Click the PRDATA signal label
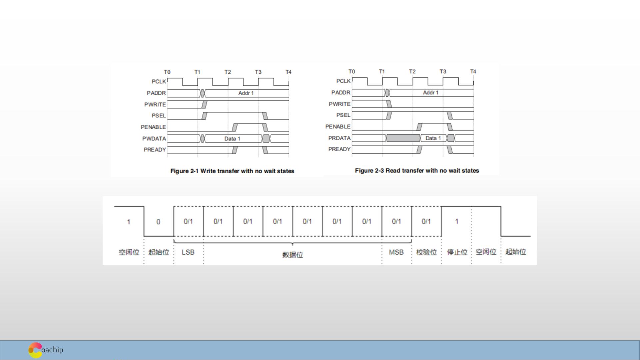click(x=339, y=138)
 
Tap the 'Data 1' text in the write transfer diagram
click(x=232, y=139)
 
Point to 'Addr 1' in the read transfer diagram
click(x=430, y=93)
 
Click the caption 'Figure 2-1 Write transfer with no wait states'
click(x=232, y=171)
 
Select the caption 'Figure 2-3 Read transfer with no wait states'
click(x=417, y=171)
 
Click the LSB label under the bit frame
click(x=188, y=252)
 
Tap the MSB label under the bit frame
click(x=396, y=252)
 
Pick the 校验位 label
click(x=426, y=252)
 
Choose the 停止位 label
click(x=457, y=252)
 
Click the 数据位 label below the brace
click(x=293, y=255)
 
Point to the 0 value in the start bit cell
click(x=158, y=222)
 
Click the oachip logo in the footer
click(x=46, y=350)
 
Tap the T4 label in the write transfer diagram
click(x=288, y=72)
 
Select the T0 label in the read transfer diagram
click(x=351, y=72)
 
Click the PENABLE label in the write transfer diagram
click(x=153, y=127)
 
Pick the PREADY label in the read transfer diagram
click(x=339, y=149)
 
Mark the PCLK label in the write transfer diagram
click(x=159, y=82)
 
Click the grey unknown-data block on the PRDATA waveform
click(x=403, y=138)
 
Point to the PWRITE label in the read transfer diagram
click(x=339, y=104)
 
